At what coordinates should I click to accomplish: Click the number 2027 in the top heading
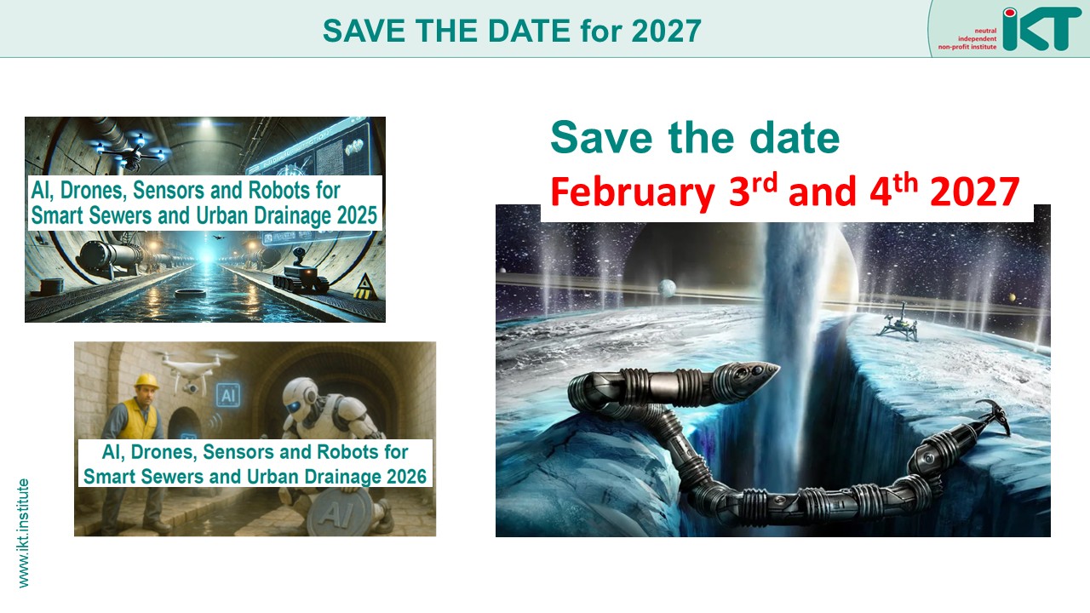[x=666, y=31]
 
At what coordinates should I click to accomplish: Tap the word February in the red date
[x=633, y=192]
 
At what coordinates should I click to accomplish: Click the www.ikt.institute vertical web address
[x=23, y=533]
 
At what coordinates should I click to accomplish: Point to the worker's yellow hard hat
[x=147, y=381]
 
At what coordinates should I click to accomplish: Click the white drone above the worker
[x=192, y=370]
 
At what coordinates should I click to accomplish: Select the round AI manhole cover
[x=340, y=512]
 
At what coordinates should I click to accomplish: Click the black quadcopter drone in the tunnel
[x=130, y=151]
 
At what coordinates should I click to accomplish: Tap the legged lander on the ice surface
[x=898, y=323]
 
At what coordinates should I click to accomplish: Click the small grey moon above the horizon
[x=667, y=288]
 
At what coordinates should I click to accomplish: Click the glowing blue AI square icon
[x=228, y=395]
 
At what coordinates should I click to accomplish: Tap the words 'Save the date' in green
[x=695, y=138]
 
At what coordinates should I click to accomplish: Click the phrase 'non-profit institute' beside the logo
[x=967, y=47]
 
